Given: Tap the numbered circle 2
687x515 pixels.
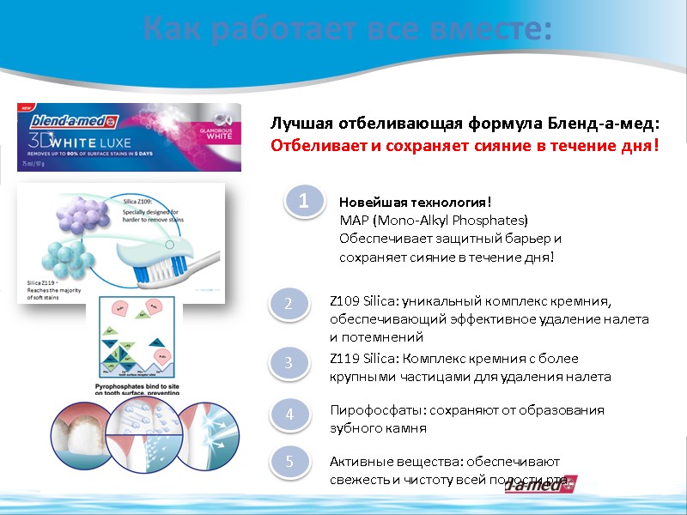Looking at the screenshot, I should [x=289, y=303].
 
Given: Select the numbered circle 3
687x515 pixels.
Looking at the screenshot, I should [x=289, y=363].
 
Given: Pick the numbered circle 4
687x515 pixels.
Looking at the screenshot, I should [x=289, y=415].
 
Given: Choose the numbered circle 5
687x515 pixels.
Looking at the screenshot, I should [x=289, y=462].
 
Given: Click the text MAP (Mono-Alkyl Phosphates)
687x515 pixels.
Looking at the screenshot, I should [x=434, y=220].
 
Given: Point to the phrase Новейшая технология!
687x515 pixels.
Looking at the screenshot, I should [x=415, y=203].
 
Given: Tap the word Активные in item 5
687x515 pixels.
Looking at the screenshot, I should [x=358, y=461].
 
